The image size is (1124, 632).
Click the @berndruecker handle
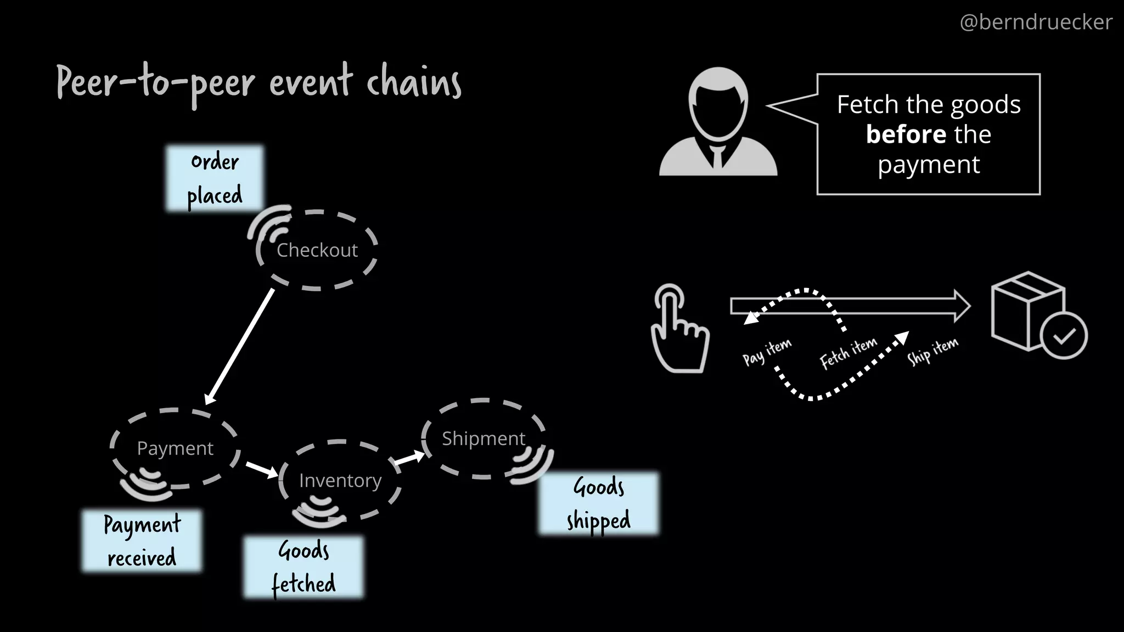[1036, 22]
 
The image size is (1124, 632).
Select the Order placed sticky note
[215, 178]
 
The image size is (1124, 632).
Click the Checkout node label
[317, 250]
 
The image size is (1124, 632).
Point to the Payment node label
[175, 449]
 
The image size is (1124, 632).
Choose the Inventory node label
[340, 481]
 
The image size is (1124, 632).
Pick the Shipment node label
[484, 439]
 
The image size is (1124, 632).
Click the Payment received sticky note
[142, 541]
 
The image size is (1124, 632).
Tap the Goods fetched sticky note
[304, 567]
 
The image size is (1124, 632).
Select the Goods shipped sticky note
[598, 503]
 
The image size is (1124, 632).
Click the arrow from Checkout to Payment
[239, 346]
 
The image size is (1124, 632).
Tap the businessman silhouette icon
[718, 124]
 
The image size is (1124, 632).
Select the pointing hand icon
[678, 329]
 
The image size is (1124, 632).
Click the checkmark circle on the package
[1064, 336]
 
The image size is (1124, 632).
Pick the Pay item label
[767, 352]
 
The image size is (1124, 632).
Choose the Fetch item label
[848, 353]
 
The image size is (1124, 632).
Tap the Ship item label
[932, 351]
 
